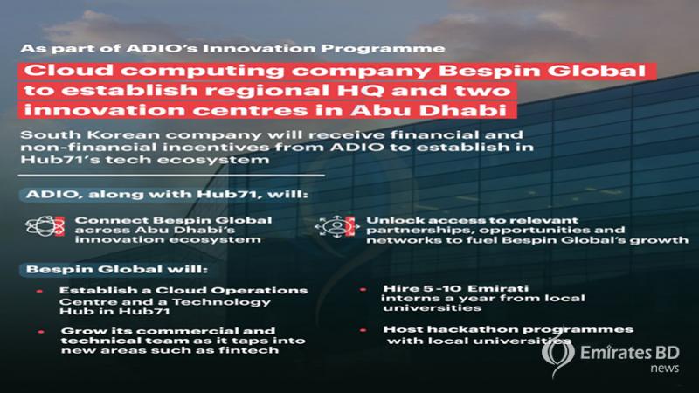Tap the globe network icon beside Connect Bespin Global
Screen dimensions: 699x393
45,226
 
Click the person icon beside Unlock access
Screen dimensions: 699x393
337,226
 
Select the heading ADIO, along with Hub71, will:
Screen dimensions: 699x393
167,195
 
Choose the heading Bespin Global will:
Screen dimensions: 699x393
117,270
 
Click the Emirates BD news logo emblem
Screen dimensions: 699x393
557,355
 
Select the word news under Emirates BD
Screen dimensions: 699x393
664,369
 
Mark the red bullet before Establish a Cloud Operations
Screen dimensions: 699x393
40,291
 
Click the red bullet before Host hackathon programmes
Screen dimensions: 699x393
363,330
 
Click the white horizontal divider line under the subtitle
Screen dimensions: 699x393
171,176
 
